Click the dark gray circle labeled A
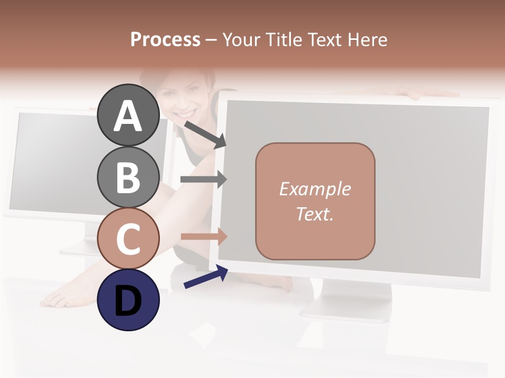click(128, 115)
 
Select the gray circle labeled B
click(128, 177)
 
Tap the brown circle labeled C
click(128, 238)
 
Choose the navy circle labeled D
click(128, 300)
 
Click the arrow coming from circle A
click(205, 134)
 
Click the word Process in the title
click(165, 39)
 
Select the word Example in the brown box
click(315, 189)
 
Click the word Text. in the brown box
click(315, 214)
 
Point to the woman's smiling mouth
click(185, 113)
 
